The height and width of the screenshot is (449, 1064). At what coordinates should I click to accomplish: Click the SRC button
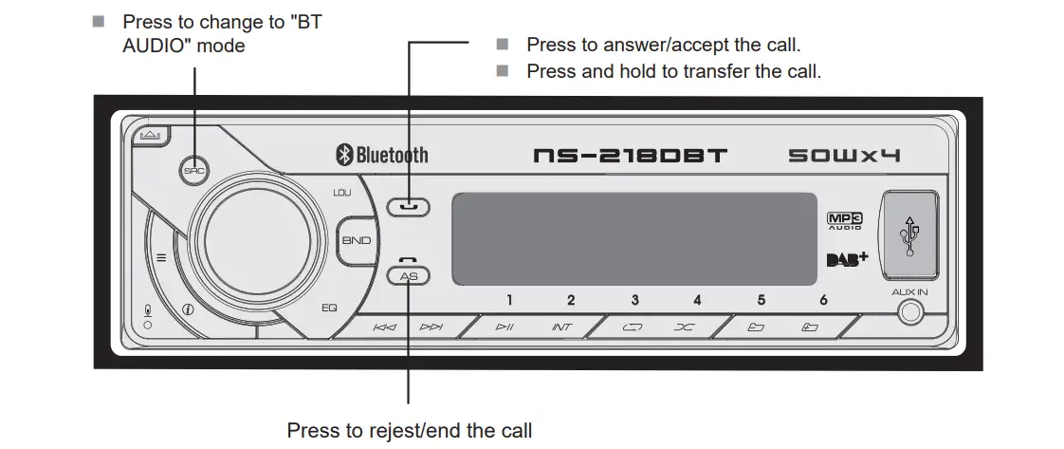(x=194, y=172)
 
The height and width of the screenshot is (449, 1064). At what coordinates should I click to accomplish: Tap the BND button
(x=357, y=240)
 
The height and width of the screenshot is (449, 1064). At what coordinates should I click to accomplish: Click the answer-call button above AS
(x=408, y=205)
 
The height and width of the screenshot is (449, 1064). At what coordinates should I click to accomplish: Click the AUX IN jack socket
(x=909, y=312)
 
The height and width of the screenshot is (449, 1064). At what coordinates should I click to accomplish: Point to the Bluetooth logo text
(x=381, y=155)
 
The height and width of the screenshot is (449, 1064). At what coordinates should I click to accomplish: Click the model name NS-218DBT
(x=630, y=155)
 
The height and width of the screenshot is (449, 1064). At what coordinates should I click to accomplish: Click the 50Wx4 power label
(x=844, y=155)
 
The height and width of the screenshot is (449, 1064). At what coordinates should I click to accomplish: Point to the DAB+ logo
(x=847, y=258)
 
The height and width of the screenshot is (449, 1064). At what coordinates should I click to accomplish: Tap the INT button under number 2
(x=562, y=327)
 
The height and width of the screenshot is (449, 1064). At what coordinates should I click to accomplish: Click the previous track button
(x=385, y=327)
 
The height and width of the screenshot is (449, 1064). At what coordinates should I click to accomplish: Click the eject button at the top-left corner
(x=149, y=136)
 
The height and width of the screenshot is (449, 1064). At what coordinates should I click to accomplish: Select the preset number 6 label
(x=823, y=300)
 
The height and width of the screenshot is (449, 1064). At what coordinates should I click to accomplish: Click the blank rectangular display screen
(x=633, y=238)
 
